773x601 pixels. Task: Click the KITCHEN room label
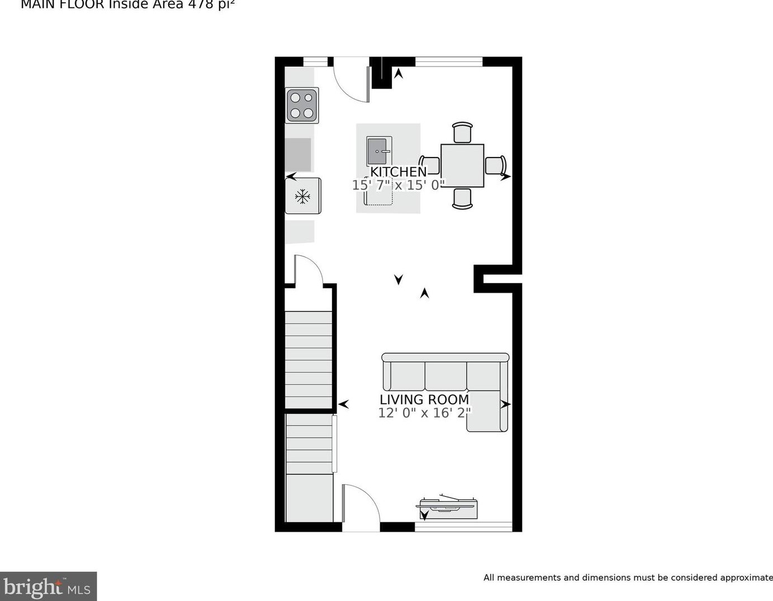398,171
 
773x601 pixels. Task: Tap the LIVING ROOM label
424,399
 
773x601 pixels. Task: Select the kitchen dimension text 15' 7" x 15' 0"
399,185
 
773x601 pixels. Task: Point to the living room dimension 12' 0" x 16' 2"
424,413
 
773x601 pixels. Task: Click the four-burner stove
302,105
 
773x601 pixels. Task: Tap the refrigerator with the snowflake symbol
303,196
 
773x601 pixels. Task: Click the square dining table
462,165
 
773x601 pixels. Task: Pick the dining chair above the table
462,133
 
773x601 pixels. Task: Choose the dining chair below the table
462,199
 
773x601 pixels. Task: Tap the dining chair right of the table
495,165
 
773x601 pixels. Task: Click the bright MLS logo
48,587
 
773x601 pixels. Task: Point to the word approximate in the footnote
745,578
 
